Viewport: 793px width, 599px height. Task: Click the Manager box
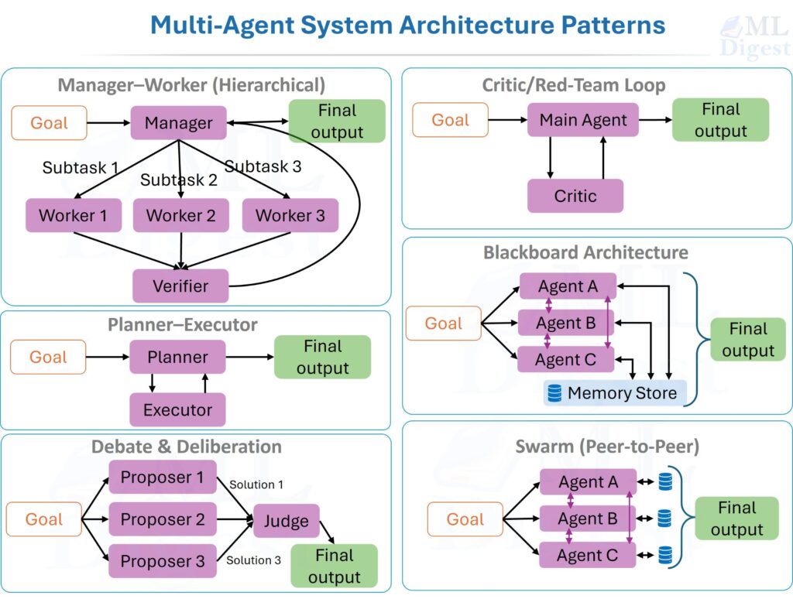click(178, 123)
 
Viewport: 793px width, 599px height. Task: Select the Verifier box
click(180, 286)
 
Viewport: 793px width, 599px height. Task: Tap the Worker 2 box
click(180, 215)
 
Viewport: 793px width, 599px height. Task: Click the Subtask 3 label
click(263, 166)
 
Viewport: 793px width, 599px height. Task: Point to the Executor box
click(177, 410)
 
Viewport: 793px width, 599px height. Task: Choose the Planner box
click(177, 358)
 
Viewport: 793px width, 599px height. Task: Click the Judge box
click(286, 521)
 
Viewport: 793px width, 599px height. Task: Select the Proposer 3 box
click(163, 561)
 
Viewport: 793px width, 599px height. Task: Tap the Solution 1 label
click(256, 484)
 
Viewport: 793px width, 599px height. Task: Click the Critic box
click(575, 196)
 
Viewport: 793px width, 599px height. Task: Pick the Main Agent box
click(583, 120)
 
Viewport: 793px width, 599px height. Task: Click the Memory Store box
click(614, 393)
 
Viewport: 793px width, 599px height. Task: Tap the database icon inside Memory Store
click(554, 393)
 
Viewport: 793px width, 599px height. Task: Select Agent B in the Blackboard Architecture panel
click(566, 323)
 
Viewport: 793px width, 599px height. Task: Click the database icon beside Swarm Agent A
click(665, 482)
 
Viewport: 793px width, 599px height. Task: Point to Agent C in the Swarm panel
click(588, 555)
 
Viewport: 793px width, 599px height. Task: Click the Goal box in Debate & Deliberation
click(43, 519)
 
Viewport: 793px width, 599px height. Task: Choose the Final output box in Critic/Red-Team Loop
click(720, 120)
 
